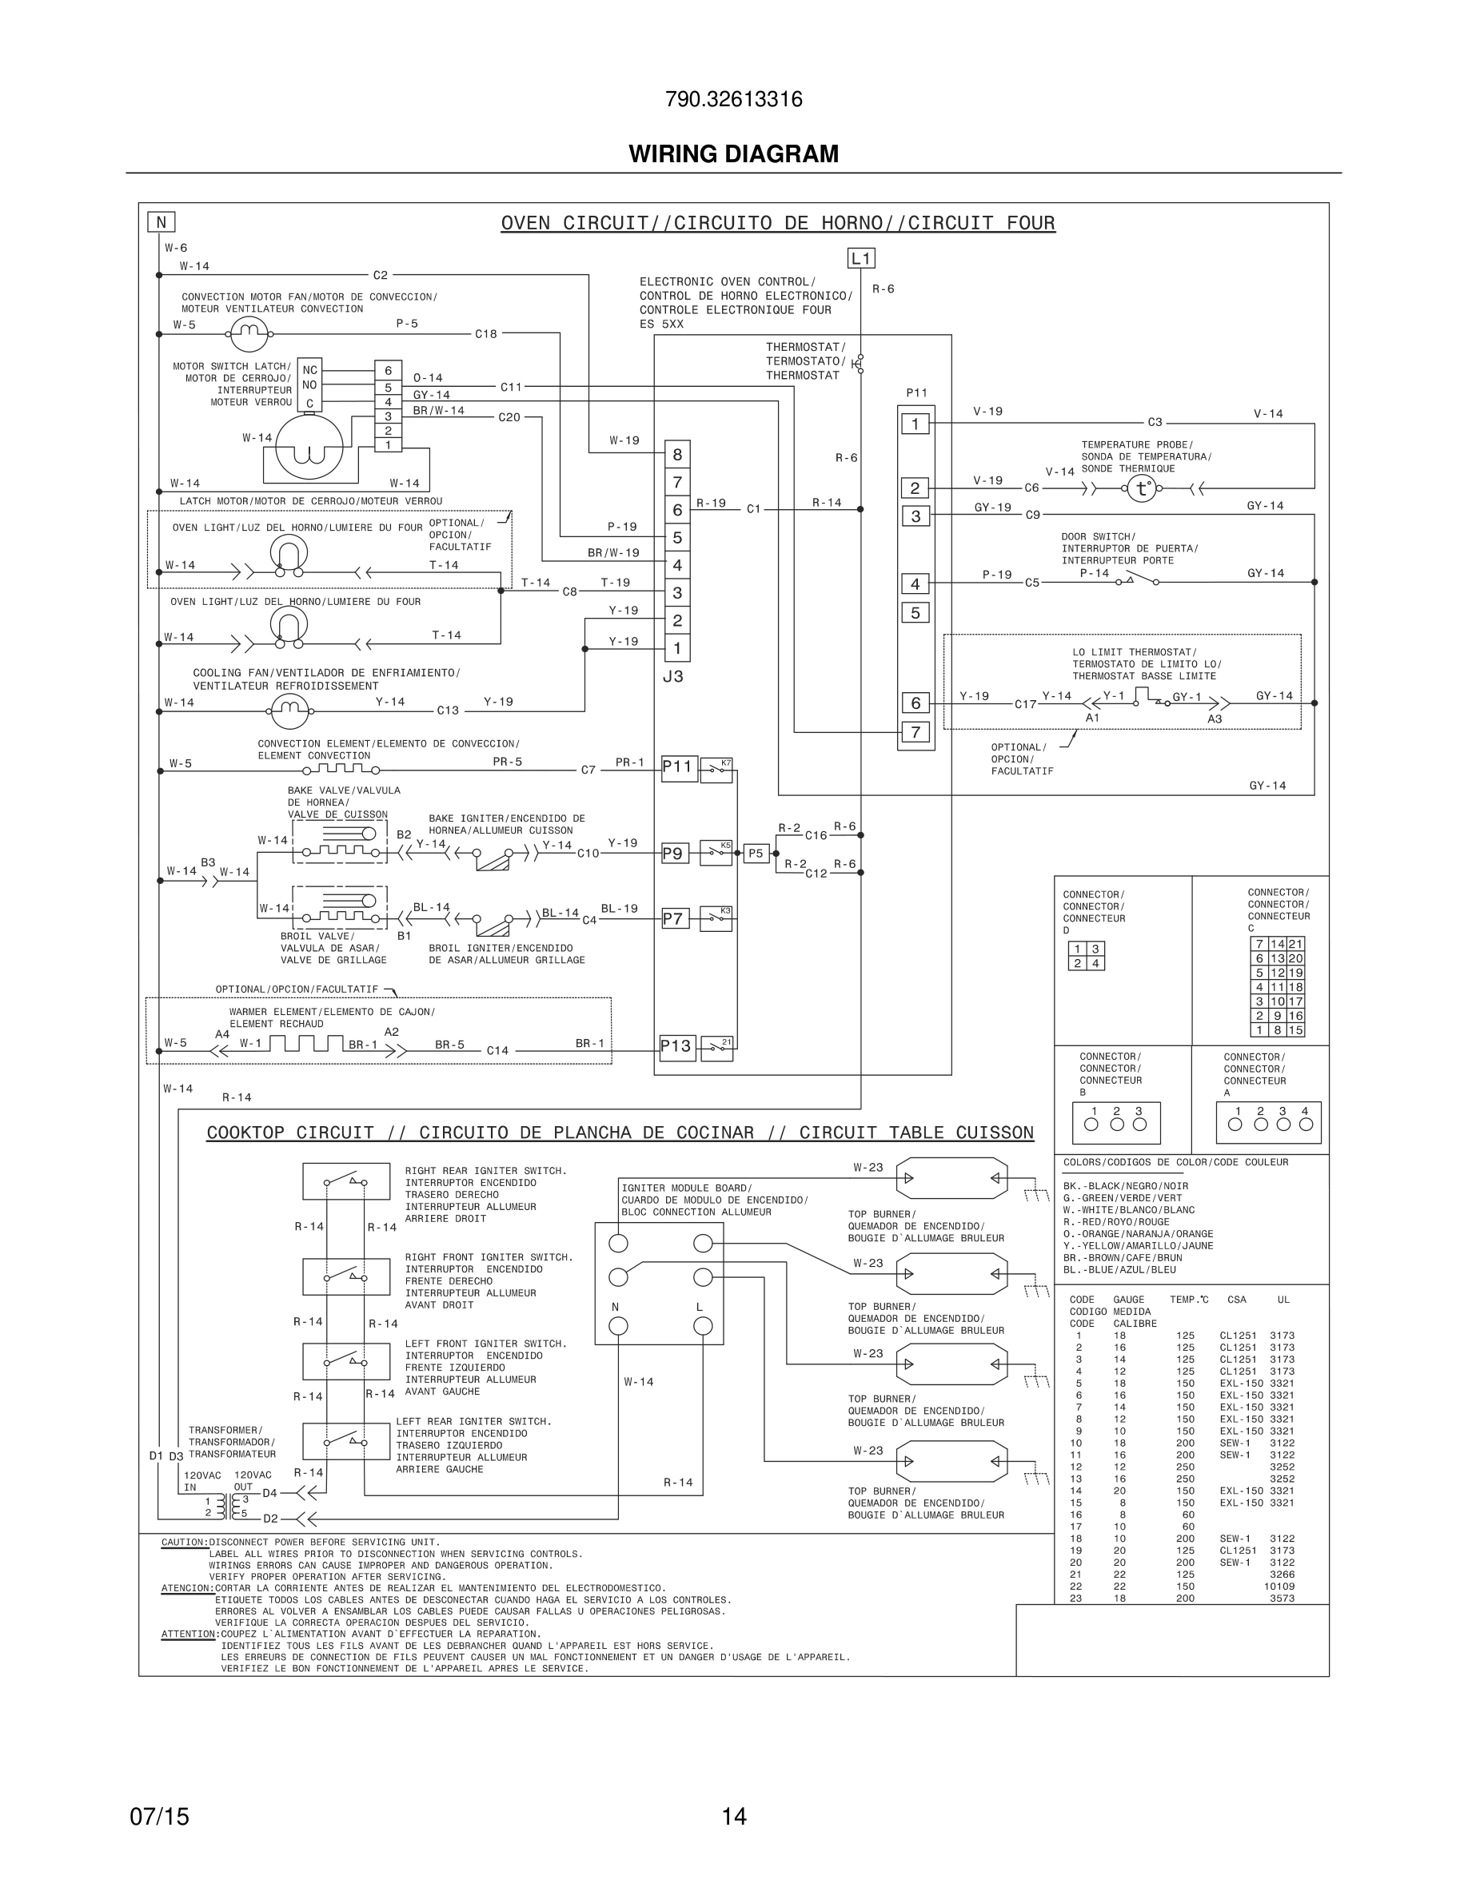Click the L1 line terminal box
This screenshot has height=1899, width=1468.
tap(860, 258)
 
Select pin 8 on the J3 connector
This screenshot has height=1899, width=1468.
tap(677, 454)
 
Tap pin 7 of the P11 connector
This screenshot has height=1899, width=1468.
tap(915, 732)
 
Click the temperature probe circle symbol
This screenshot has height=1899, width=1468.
tap(1141, 488)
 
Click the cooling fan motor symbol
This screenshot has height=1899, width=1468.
tap(289, 711)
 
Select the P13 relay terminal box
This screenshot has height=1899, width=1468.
tap(676, 1046)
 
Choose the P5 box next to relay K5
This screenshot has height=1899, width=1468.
tap(756, 853)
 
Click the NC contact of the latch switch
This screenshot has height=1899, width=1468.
tap(309, 369)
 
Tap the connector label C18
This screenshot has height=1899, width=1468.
tap(485, 334)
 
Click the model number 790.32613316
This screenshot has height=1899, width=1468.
tap(733, 100)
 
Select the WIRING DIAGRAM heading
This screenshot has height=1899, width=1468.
tap(733, 154)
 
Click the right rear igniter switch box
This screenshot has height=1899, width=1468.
tap(346, 1180)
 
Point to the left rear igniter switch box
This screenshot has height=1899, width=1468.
tap(346, 1441)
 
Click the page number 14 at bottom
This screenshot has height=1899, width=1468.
tap(733, 1817)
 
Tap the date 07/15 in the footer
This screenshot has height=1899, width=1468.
tap(159, 1817)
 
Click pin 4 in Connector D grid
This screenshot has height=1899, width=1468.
tap(1095, 963)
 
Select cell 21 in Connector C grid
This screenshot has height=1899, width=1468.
tap(1296, 944)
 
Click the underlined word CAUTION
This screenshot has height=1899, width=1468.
tap(184, 1543)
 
